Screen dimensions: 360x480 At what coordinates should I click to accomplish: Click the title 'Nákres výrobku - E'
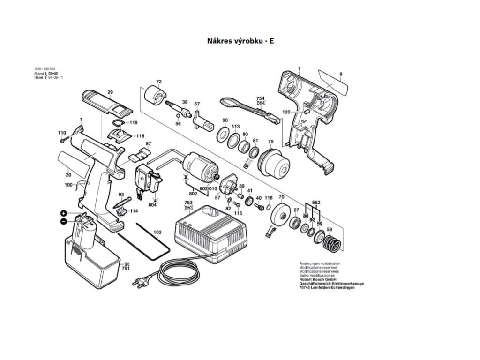240,41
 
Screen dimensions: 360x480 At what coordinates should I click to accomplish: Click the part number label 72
158,82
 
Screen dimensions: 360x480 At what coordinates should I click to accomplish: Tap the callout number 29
110,92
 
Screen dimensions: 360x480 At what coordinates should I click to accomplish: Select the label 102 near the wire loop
157,232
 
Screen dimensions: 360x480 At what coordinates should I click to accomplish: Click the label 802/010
209,188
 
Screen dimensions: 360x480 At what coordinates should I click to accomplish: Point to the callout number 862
316,202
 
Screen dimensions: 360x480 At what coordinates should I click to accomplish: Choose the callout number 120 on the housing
286,112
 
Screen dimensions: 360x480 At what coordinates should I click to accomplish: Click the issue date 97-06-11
55,77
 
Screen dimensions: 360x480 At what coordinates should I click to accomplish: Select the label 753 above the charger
189,203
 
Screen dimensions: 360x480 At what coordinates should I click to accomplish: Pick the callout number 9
341,74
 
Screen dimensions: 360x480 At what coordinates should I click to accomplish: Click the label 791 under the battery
126,269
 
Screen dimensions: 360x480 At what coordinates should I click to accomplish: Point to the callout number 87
148,143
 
